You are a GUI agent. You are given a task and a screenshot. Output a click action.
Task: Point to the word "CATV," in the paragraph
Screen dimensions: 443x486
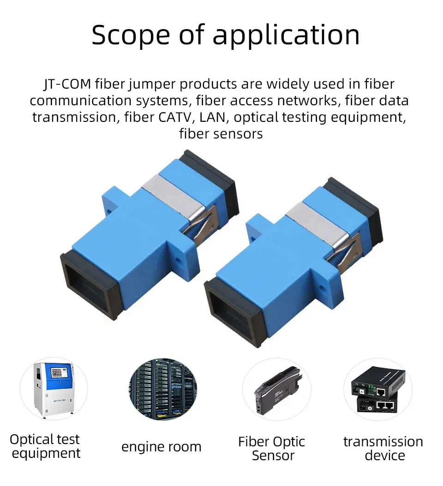point(177,117)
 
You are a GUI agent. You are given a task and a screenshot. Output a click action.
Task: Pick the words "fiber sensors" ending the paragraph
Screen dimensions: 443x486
point(221,134)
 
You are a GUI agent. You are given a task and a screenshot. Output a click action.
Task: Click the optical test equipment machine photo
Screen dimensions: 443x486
point(53,389)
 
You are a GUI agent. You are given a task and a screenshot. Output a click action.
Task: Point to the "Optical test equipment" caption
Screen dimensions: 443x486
point(45,446)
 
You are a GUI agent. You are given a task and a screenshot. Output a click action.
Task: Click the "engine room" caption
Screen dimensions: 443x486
point(161,447)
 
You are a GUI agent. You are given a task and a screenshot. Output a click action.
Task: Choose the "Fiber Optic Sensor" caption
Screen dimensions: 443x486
point(272,449)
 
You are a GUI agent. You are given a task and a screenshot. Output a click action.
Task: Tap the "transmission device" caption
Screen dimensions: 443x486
point(383,449)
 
